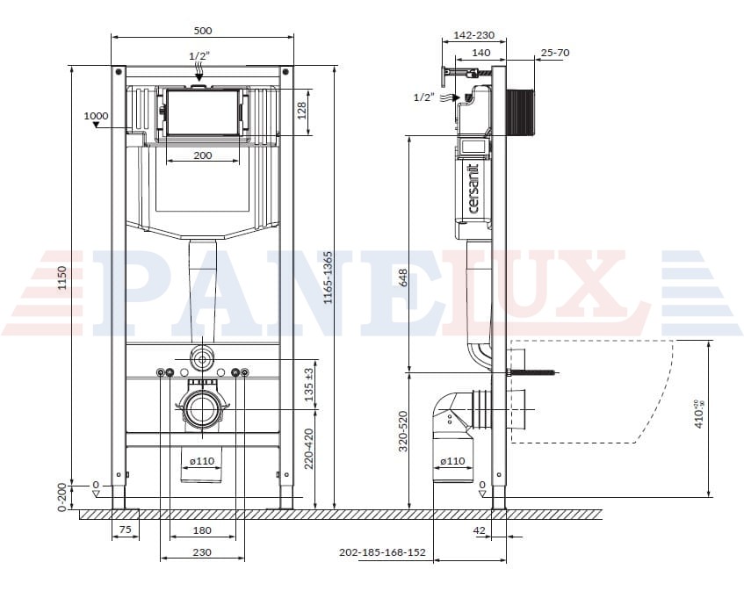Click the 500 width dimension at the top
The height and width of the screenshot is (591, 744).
203,31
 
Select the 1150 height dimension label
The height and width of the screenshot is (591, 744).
62,278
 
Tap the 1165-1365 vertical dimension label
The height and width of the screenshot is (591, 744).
328,277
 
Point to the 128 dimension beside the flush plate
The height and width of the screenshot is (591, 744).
302,111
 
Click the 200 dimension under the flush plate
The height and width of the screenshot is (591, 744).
203,155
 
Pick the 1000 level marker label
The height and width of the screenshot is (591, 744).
96,116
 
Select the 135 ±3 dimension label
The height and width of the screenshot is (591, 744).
309,385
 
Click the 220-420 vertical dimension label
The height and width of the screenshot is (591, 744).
309,449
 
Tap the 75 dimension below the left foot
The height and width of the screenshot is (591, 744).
126,530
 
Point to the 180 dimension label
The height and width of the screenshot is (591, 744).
203,530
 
